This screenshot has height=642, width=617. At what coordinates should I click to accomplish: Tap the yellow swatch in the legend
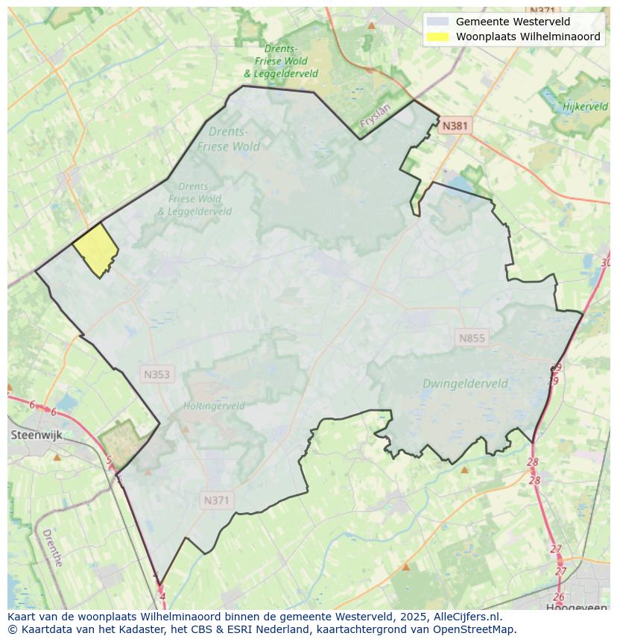(438, 37)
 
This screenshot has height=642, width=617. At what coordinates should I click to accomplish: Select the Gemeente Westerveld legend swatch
(438, 22)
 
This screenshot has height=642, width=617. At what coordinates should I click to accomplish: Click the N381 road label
(455, 126)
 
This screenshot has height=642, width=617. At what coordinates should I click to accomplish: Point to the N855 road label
(472, 338)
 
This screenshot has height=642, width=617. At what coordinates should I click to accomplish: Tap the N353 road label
(156, 374)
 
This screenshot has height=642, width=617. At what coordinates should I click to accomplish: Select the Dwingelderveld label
(465, 384)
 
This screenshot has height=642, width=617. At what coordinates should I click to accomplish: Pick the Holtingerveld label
(214, 406)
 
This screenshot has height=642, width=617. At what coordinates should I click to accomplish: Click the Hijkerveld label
(585, 107)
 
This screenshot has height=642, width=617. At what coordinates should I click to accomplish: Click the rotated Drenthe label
(52, 548)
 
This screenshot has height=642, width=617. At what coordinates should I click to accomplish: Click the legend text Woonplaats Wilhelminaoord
(528, 37)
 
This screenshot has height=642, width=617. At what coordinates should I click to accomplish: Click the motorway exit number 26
(559, 597)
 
